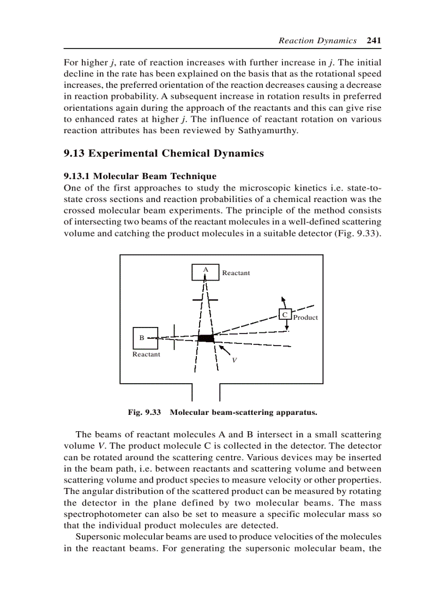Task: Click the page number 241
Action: pos(374,40)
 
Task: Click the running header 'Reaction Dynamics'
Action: pos(317,40)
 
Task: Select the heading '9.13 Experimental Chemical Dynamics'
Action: pos(164,153)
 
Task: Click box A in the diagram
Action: pos(206,272)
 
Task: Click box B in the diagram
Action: pos(145,338)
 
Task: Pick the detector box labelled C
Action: pos(285,314)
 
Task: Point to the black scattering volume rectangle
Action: pos(206,338)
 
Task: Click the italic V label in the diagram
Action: pos(234,360)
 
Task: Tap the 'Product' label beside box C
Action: pos(305,317)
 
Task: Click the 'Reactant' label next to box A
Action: pos(236,273)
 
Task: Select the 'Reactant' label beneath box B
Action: pos(146,354)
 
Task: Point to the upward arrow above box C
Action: pos(282,301)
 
